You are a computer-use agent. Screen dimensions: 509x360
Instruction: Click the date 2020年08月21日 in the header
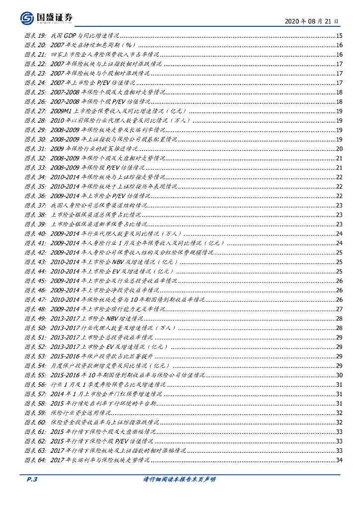(x=312, y=21)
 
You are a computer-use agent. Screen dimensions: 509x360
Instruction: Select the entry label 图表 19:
(x=36, y=36)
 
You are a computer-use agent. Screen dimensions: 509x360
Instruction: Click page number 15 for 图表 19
(x=339, y=36)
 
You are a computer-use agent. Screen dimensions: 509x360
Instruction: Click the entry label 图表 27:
(x=36, y=111)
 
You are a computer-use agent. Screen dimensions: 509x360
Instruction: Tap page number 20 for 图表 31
(x=339, y=149)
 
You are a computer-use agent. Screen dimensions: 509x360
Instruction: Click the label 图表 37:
(x=36, y=205)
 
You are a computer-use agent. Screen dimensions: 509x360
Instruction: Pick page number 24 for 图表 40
(x=339, y=233)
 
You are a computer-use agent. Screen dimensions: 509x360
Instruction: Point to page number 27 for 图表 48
(x=339, y=309)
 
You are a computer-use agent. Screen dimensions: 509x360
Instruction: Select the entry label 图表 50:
(x=36, y=328)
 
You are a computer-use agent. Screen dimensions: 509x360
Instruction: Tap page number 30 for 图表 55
(x=339, y=375)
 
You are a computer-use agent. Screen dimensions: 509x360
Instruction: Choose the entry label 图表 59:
(x=36, y=413)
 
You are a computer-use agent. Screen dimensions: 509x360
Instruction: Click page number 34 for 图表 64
(x=339, y=460)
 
